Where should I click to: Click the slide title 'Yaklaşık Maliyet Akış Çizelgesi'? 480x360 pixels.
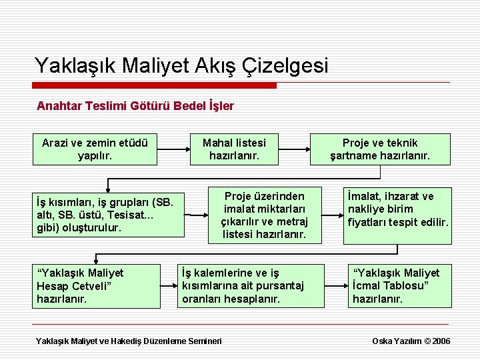(181, 65)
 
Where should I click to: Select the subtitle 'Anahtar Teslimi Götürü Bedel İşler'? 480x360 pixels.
(135, 105)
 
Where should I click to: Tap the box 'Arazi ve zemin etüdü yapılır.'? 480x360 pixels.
(95, 149)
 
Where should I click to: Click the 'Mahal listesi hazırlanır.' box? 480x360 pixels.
(233, 149)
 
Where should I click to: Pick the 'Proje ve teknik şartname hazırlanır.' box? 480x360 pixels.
(380, 149)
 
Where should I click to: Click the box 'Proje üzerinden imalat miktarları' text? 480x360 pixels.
(264, 215)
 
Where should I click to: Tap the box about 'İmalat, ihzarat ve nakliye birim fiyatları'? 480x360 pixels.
(397, 209)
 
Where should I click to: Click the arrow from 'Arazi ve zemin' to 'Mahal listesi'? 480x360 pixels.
(173, 149)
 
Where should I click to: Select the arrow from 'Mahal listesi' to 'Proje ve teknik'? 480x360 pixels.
(293, 149)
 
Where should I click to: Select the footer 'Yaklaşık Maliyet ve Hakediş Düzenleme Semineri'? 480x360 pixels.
(129, 341)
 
